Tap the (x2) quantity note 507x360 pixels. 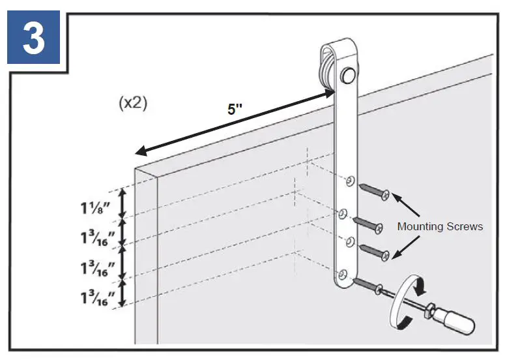coord(133,104)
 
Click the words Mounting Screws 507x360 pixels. coord(440,226)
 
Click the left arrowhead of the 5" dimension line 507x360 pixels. coord(139,152)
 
